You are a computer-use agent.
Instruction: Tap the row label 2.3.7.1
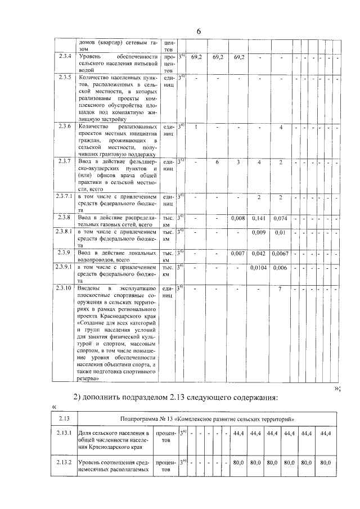(x=65, y=197)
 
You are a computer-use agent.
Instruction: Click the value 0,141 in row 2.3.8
(x=259, y=218)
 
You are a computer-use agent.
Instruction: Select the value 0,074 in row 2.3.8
(x=280, y=218)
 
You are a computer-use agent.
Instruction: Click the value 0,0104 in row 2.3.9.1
(x=259, y=268)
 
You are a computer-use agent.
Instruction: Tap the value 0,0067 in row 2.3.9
(x=280, y=254)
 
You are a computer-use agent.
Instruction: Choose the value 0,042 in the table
(x=259, y=254)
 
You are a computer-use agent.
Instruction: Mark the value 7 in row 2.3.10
(x=280, y=289)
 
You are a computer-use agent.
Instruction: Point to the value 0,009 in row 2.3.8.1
(x=259, y=232)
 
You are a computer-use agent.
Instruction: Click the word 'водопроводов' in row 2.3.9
(x=96, y=261)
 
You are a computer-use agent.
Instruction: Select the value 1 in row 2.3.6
(x=195, y=127)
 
